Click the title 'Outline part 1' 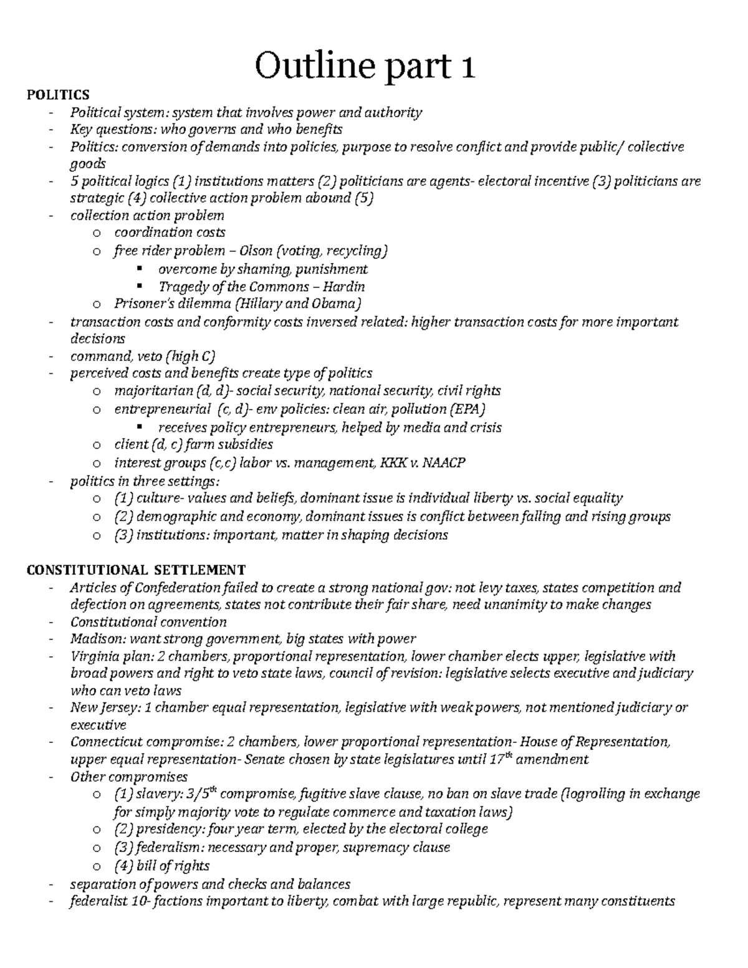point(365,67)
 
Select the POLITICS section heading point(57,95)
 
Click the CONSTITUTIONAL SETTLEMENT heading point(136,570)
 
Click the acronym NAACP point(444,463)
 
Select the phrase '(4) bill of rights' point(162,866)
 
